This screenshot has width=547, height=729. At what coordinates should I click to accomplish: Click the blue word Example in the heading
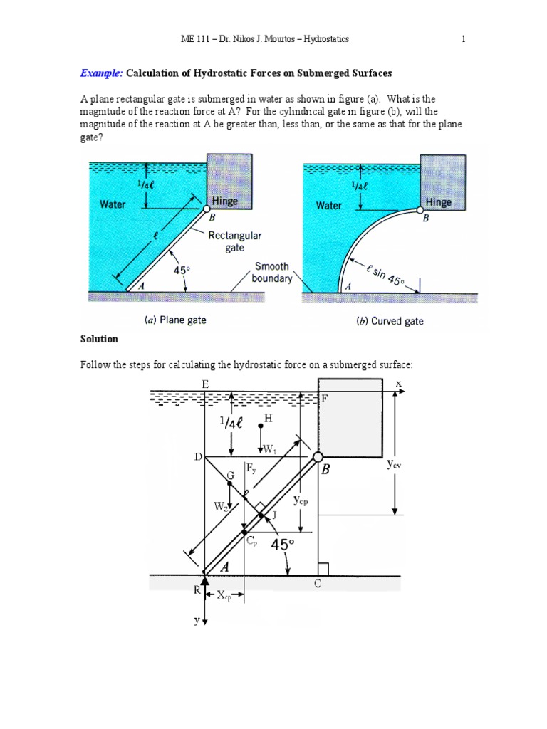pos(101,73)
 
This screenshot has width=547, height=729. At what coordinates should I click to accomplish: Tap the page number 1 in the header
pos(463,39)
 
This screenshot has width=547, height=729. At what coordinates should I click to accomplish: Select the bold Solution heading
pos(99,339)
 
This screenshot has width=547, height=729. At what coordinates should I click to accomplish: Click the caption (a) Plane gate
pos(175,320)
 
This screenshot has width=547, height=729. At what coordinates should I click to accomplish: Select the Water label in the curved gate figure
pos(328,205)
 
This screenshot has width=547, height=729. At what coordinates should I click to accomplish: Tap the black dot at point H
pos(261,426)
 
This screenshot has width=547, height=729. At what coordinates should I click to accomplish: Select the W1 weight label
pos(269,449)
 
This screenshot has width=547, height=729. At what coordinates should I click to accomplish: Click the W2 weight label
pos(220,506)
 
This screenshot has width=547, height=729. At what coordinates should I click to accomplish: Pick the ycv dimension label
pos(394,465)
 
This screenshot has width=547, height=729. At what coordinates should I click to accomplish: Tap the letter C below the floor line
pos(318,584)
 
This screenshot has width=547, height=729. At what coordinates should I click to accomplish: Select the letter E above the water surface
pos(205,384)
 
